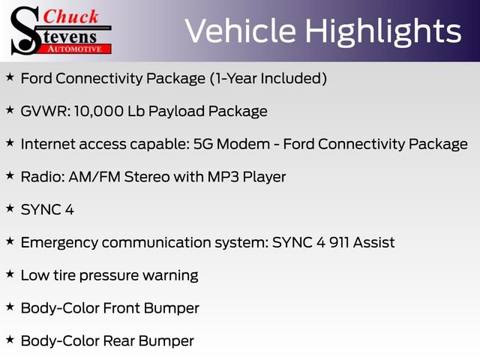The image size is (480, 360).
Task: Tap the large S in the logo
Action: [24, 30]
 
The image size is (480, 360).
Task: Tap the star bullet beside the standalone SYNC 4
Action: [10, 208]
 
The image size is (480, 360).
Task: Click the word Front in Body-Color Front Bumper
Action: [118, 308]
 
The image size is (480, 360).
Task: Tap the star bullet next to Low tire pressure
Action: [10, 274]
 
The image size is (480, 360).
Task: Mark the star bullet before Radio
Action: [10, 175]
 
